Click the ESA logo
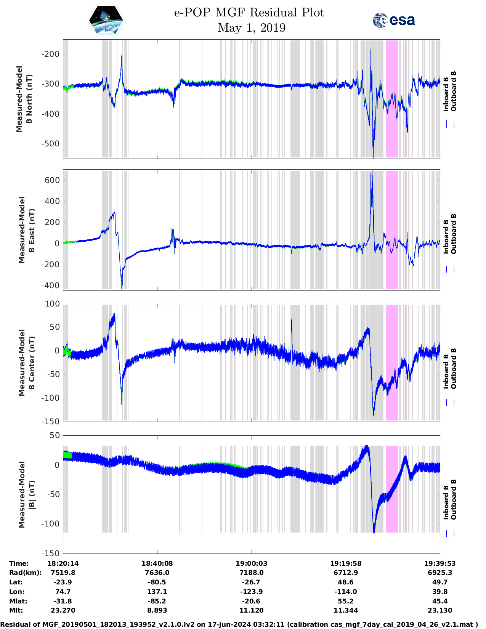393,20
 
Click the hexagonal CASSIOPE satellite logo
106,21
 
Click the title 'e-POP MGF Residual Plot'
249,13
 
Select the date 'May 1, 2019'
251,28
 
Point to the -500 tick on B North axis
51,144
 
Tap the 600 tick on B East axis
53,180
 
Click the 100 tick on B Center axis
53,304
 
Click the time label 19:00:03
251,563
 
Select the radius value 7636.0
157,573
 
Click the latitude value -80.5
157,582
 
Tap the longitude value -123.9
251,592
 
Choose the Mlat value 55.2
346,601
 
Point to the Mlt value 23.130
440,610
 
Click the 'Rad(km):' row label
25,573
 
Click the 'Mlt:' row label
16,610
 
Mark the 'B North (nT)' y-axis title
30,99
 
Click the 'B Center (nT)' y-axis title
32,363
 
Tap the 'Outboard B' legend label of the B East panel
454,234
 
